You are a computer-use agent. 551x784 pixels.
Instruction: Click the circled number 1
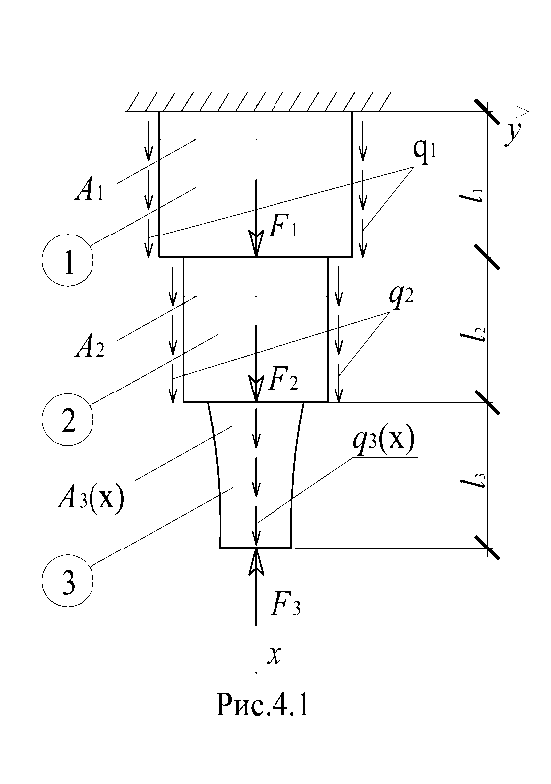[67, 261]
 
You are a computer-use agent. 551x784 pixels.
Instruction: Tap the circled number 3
[67, 581]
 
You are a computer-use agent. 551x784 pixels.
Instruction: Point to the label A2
[90, 347]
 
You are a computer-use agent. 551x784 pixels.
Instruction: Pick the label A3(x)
[91, 497]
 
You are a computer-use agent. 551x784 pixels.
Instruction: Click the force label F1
[283, 228]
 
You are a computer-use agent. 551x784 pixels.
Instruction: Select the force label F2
[283, 380]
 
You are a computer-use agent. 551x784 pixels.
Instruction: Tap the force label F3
[285, 604]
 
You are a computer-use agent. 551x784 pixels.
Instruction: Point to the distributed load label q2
[402, 297]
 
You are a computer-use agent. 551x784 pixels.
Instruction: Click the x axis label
[274, 655]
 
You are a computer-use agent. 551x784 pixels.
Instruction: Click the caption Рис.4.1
[263, 705]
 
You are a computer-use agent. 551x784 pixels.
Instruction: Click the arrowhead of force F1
[256, 244]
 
